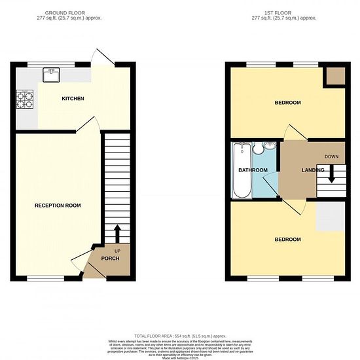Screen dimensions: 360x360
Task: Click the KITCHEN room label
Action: point(73,99)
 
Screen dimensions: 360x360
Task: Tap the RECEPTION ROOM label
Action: point(58,206)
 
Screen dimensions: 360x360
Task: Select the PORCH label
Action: point(109,258)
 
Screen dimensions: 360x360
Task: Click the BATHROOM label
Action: point(252,170)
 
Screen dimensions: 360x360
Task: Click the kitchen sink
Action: point(52,75)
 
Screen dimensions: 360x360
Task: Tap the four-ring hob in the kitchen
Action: point(25,99)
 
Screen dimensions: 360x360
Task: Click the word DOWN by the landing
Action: point(331,157)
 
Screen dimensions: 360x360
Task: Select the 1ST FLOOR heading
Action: point(288,12)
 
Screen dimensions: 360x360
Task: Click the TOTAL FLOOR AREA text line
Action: point(179,335)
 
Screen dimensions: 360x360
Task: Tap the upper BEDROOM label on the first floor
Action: point(287,103)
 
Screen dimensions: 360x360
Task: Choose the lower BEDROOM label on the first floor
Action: point(287,239)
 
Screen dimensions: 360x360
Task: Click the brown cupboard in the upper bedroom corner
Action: point(335,76)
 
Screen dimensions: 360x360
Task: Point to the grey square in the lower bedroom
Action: point(330,216)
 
